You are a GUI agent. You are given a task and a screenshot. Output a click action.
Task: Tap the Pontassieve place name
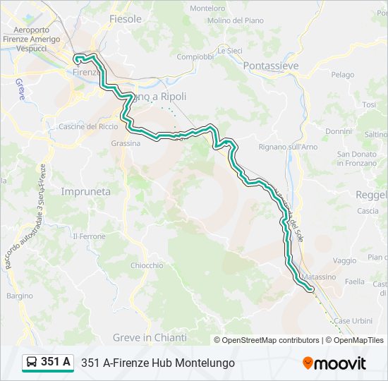pyautogui.click(x=270, y=66)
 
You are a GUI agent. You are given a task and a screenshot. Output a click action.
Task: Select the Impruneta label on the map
pyautogui.click(x=86, y=191)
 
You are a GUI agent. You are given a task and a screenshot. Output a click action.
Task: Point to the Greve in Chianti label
pyautogui.click(x=163, y=337)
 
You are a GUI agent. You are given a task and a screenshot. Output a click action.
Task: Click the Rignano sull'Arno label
pyautogui.click(x=289, y=147)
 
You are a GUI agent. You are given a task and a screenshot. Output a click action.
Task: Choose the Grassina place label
pyautogui.click(x=126, y=143)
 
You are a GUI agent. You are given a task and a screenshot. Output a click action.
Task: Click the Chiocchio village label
pyautogui.click(x=147, y=265)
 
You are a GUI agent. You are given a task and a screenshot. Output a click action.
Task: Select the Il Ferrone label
pyautogui.click(x=89, y=236)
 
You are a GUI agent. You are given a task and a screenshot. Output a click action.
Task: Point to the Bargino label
pyautogui.click(x=20, y=296)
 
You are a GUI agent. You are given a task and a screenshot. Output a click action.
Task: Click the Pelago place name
pyautogui.click(x=343, y=74)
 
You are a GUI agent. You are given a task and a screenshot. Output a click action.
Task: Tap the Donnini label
pyautogui.click(x=339, y=131)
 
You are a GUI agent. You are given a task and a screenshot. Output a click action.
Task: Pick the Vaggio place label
pyautogui.click(x=344, y=260)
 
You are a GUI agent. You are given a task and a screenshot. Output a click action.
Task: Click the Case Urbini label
pyautogui.click(x=353, y=320)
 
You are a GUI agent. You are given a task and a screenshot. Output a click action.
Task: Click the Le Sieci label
pyautogui.click(x=229, y=50)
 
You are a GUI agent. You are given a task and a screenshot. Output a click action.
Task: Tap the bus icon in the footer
pyautogui.click(x=32, y=363)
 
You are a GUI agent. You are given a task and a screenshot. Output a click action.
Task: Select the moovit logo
pyautogui.click(x=334, y=363)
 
